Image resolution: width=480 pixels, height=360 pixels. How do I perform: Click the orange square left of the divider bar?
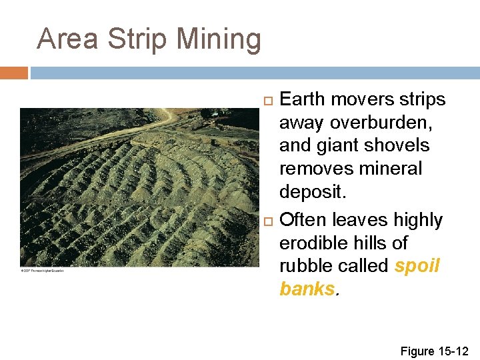(x=13, y=73)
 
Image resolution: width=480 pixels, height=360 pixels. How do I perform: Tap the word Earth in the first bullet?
(x=302, y=100)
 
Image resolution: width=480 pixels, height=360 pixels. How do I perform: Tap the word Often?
(x=303, y=220)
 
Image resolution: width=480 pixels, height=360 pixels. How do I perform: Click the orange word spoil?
(x=417, y=265)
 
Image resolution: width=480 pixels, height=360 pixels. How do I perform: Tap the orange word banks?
(x=306, y=289)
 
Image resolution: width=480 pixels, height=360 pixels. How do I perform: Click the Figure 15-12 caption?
(x=434, y=351)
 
